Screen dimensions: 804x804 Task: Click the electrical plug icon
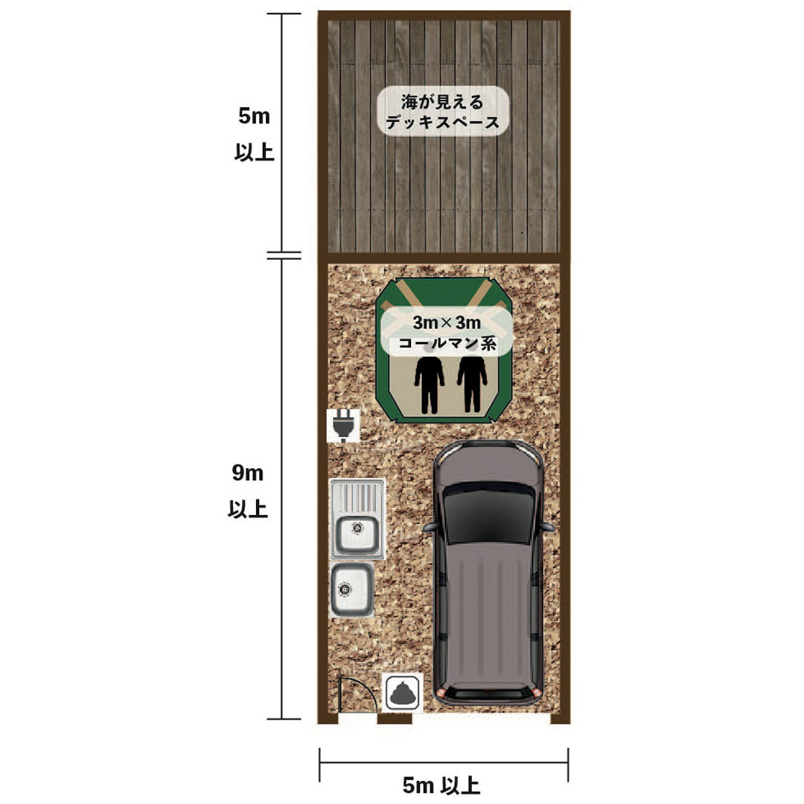point(343,427)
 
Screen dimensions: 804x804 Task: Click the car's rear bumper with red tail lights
point(488,694)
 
